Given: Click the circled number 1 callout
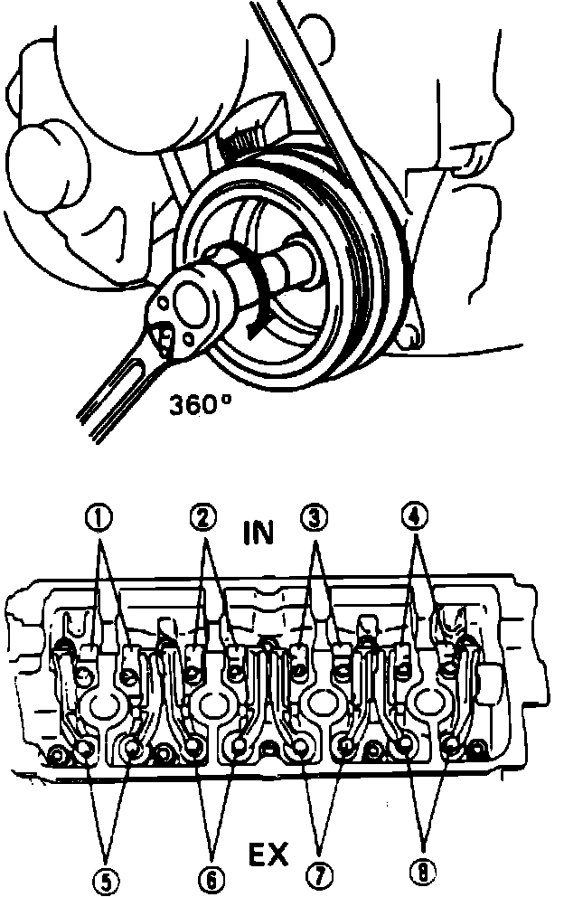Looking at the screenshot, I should (99, 517).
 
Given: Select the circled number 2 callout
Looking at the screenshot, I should (204, 517).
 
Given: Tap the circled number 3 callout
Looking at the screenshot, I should (315, 517).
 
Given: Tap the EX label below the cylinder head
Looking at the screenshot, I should (269, 855).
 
